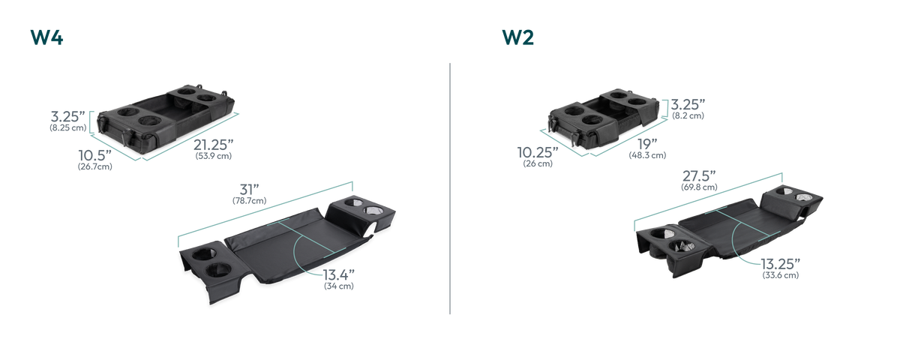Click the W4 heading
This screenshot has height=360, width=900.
(x=46, y=37)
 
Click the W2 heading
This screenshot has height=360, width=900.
(x=518, y=37)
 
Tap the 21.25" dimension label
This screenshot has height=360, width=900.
(x=213, y=145)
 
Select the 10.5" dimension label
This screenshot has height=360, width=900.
(x=94, y=155)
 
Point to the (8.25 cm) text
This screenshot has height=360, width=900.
(x=68, y=127)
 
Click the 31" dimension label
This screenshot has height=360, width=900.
(x=249, y=189)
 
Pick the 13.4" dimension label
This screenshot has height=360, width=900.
(x=339, y=274)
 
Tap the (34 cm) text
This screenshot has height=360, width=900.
(x=339, y=286)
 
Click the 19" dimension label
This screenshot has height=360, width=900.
(x=647, y=144)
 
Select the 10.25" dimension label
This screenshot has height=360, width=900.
(x=538, y=152)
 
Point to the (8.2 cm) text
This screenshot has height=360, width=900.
(x=688, y=115)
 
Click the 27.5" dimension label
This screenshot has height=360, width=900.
(x=699, y=176)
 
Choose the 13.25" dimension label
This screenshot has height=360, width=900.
(x=780, y=264)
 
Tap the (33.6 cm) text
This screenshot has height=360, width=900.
(x=781, y=275)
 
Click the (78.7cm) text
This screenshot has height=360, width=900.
(x=249, y=200)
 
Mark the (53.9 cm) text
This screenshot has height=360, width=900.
(x=213, y=156)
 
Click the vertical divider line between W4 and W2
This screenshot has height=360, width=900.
(x=450, y=188)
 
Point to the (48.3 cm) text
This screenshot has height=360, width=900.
(x=647, y=155)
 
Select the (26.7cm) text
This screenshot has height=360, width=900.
(x=94, y=166)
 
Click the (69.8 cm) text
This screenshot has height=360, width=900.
(x=699, y=187)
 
